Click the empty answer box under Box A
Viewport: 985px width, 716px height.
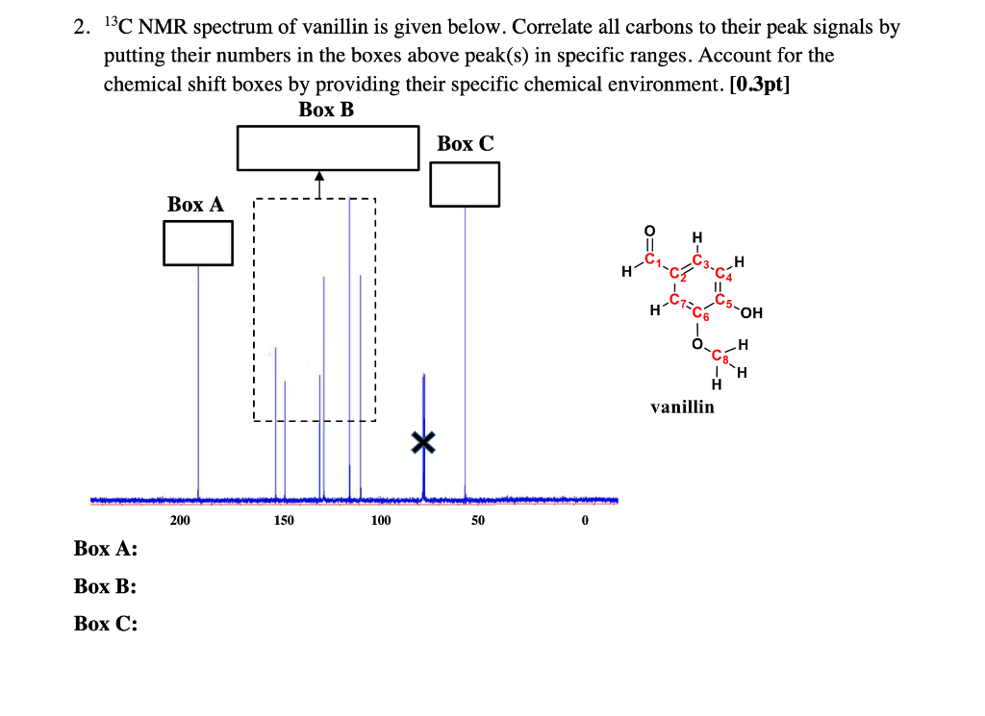point(198,243)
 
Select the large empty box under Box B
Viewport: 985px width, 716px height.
point(328,148)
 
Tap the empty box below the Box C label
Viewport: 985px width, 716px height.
point(465,184)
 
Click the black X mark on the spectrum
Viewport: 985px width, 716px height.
point(423,442)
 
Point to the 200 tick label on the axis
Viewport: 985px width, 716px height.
point(180,521)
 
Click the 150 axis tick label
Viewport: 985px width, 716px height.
point(284,521)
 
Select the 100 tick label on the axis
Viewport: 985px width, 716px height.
point(381,521)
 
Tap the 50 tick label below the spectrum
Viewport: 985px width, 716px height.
point(478,521)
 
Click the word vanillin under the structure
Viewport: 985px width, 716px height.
point(682,407)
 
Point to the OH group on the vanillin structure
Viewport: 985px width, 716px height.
point(751,312)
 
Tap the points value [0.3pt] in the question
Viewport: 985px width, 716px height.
point(761,84)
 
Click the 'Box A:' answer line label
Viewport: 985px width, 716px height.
point(105,549)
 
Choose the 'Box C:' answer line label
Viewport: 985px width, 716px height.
point(105,624)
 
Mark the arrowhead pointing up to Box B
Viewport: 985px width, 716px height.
point(319,176)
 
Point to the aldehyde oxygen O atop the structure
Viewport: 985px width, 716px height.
point(649,231)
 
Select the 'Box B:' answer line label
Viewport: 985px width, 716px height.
point(105,586)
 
